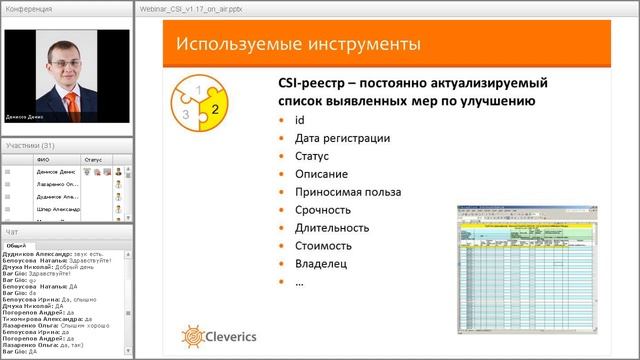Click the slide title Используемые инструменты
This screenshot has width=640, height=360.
(x=297, y=44)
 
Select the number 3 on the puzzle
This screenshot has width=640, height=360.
(x=185, y=114)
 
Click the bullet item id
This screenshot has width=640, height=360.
(x=299, y=120)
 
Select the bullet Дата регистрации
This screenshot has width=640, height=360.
(x=342, y=138)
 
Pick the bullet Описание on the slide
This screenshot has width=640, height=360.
(x=321, y=174)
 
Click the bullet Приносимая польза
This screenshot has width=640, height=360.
(x=347, y=192)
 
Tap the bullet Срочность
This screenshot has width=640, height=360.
(x=323, y=210)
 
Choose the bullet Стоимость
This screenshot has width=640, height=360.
(x=325, y=246)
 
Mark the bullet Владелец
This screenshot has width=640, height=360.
(x=323, y=264)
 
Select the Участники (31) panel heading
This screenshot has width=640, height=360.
(x=30, y=146)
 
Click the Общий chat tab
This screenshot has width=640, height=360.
(x=16, y=245)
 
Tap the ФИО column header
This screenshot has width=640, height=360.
(x=42, y=159)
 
